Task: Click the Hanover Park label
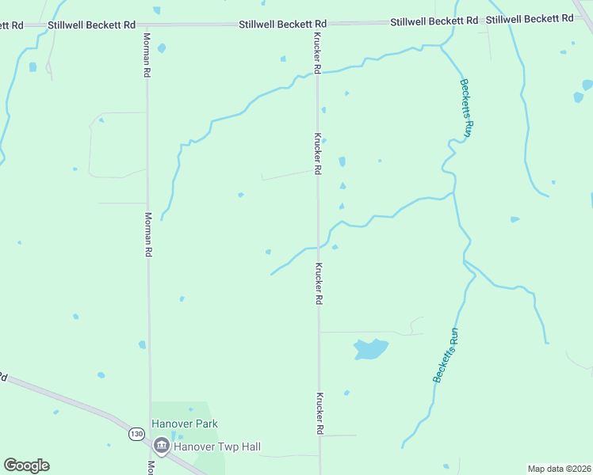point(185,424)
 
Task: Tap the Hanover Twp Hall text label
point(218,446)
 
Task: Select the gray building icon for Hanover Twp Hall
point(162,446)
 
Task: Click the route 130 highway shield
point(136,434)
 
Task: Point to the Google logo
point(26,465)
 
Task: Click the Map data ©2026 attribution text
point(559,469)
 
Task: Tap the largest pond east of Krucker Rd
point(369,348)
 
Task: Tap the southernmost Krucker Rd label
point(319,413)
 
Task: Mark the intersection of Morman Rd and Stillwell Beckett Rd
point(146,25)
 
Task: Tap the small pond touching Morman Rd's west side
point(142,344)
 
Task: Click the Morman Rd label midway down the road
point(148,234)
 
